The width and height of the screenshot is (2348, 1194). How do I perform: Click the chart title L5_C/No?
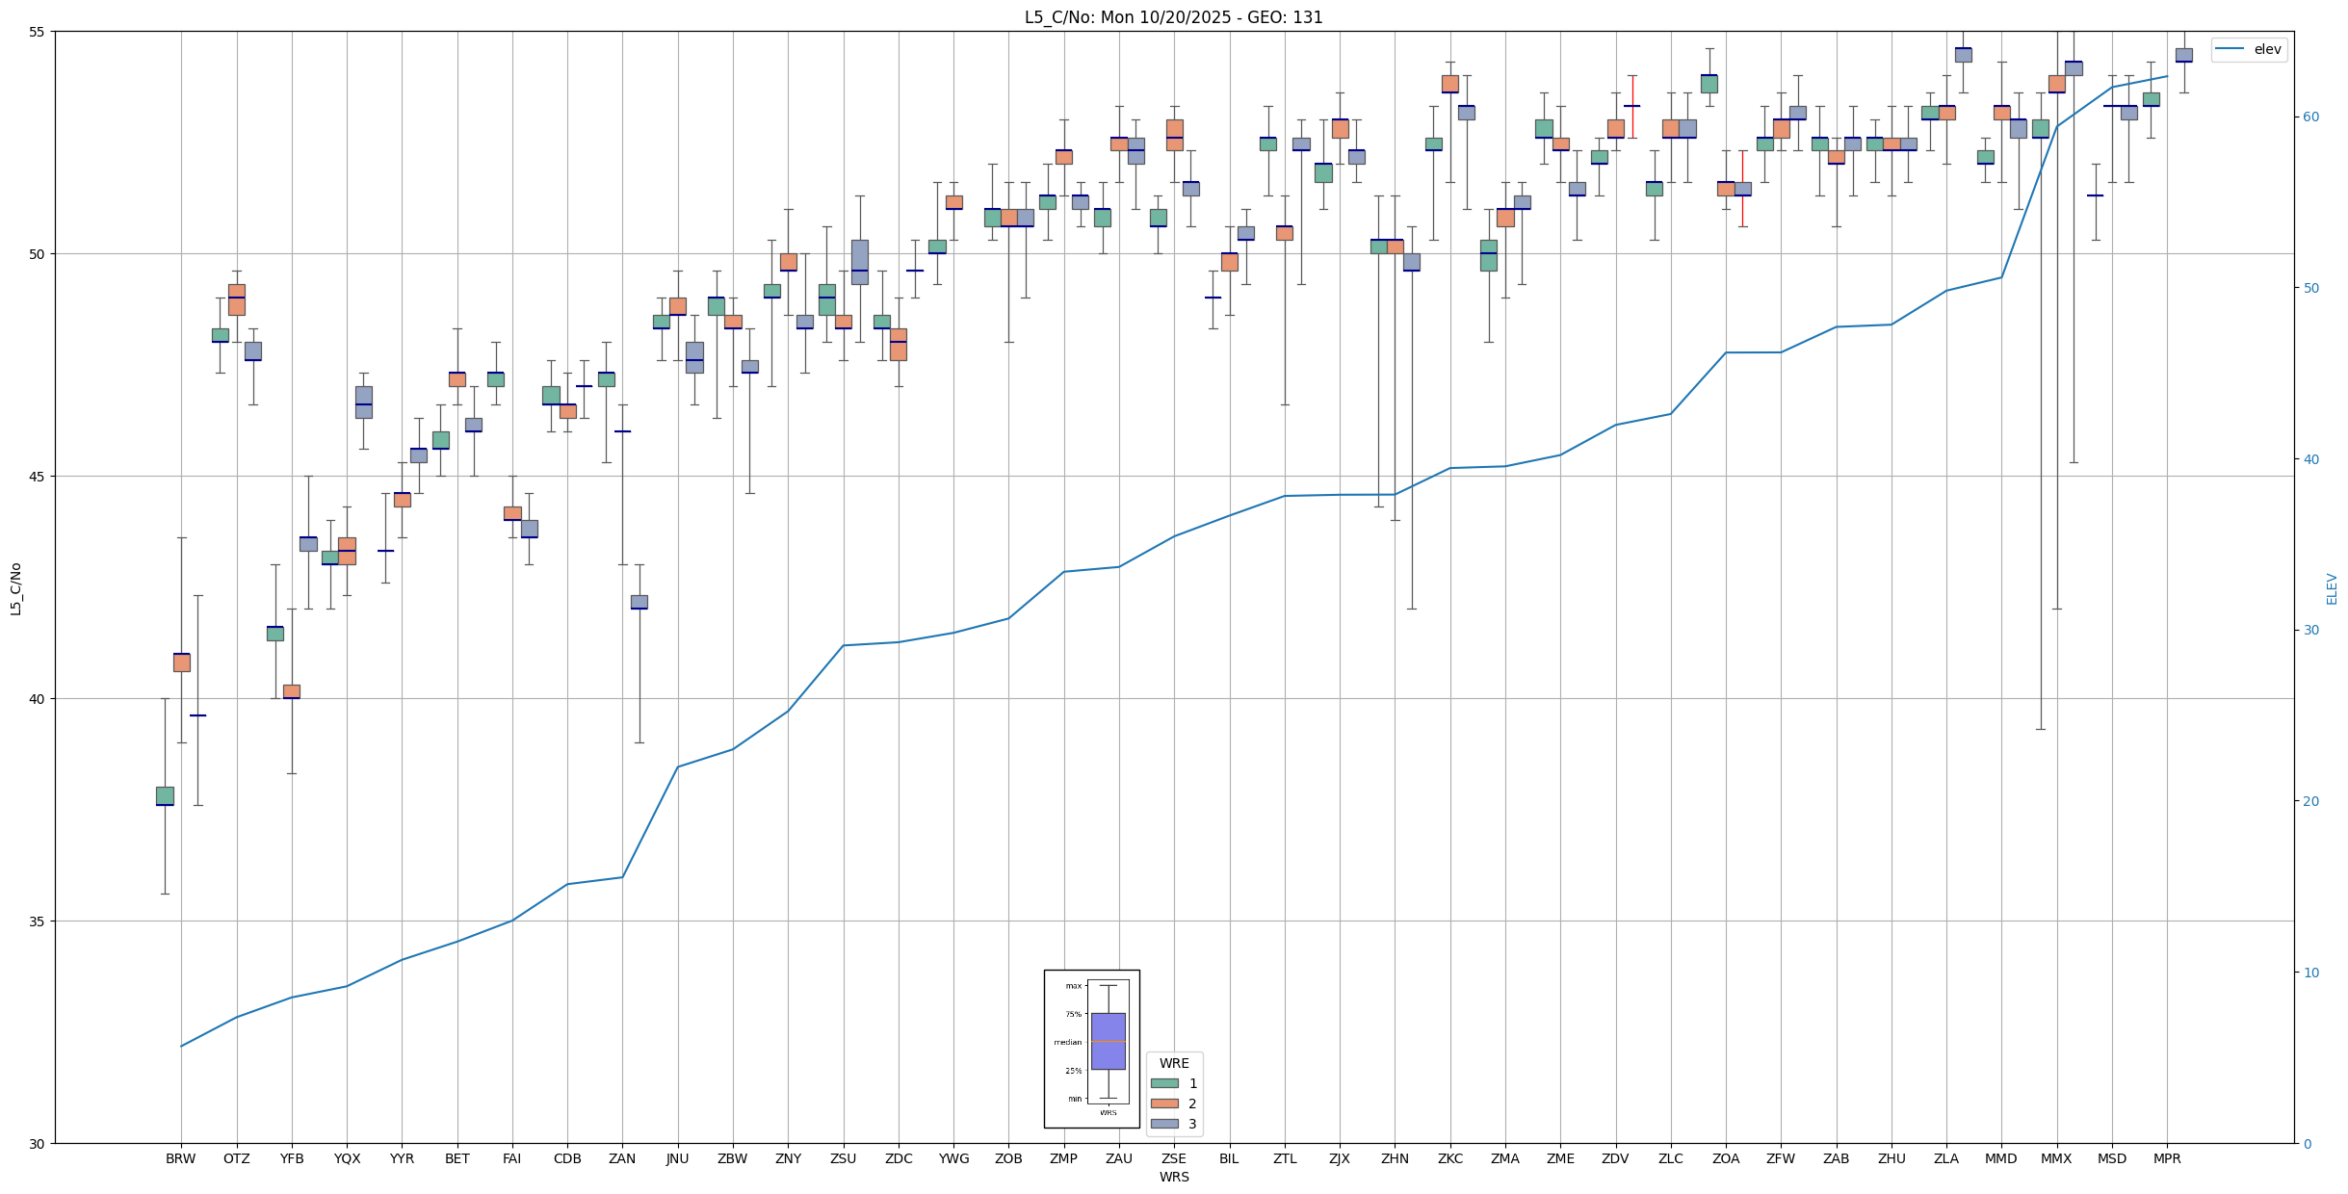[1173, 17]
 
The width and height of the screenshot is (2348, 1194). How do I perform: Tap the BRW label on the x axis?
[181, 1158]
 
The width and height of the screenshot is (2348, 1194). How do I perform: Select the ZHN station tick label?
[1395, 1158]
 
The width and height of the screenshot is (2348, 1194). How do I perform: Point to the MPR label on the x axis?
[2167, 1158]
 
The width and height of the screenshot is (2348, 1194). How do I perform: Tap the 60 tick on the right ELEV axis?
[2310, 117]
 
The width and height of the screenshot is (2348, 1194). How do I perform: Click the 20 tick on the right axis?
[2310, 801]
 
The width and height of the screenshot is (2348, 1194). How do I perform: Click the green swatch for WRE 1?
[1164, 1083]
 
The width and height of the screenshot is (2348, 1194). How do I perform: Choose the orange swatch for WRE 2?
[1164, 1103]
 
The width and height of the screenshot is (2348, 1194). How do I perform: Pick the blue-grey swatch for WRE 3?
[1164, 1124]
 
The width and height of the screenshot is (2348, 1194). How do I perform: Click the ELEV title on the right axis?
[2332, 588]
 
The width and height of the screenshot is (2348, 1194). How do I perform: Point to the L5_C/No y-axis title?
[15, 588]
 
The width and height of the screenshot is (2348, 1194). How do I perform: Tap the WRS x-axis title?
[1174, 1177]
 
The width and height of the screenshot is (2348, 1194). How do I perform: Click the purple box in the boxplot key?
[1108, 1041]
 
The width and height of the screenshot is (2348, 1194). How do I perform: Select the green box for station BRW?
[165, 795]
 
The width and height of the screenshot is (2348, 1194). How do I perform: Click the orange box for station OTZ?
[237, 299]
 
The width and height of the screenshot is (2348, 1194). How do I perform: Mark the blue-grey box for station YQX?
[363, 402]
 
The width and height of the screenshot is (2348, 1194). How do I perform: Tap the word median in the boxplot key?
[1067, 1042]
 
